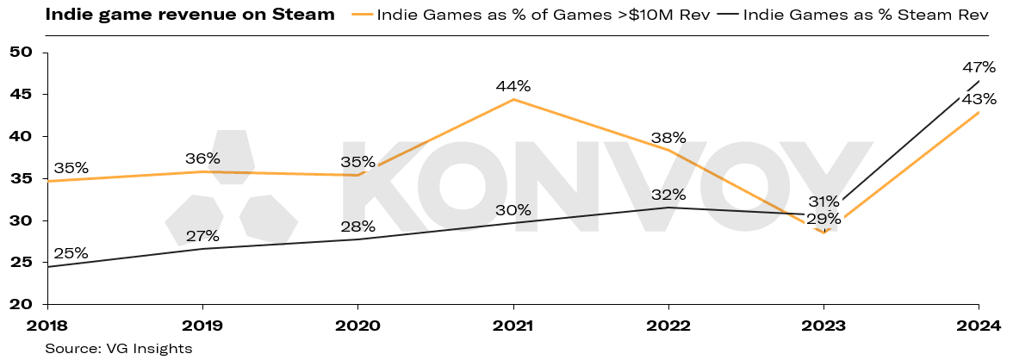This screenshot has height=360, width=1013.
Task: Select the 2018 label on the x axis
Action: [47, 326]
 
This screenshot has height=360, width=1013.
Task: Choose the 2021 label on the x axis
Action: [513, 326]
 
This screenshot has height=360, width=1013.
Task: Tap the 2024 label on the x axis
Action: [979, 326]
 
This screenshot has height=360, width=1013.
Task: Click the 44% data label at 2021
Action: [513, 86]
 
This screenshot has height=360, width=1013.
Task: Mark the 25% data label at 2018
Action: [71, 253]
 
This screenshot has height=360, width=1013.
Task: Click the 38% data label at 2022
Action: [668, 137]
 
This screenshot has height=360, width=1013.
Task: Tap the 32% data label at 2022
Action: [668, 195]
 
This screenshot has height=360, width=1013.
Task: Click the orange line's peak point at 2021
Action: [513, 100]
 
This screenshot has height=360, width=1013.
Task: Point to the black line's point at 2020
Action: [358, 239]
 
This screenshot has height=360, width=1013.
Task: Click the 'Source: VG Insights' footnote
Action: [120, 348]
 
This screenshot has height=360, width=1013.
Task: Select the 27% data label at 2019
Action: [202, 236]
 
